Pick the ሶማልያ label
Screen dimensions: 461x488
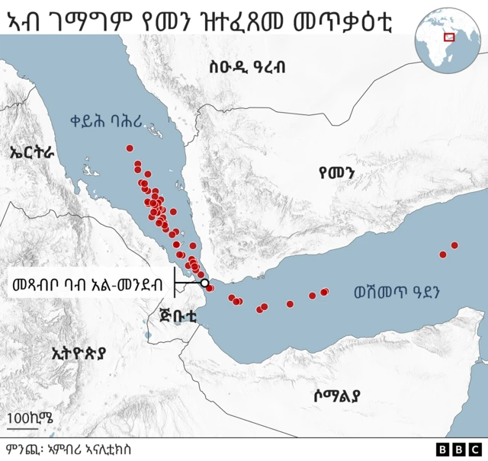pos(336,395)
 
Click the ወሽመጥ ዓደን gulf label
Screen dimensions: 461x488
pos(398,292)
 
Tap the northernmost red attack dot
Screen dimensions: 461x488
pos(130,148)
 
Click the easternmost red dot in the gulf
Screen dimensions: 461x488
pos(454,245)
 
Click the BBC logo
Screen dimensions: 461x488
pos(457,450)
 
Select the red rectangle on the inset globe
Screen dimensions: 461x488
pos(449,36)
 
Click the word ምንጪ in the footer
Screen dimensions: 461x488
pos(21,450)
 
